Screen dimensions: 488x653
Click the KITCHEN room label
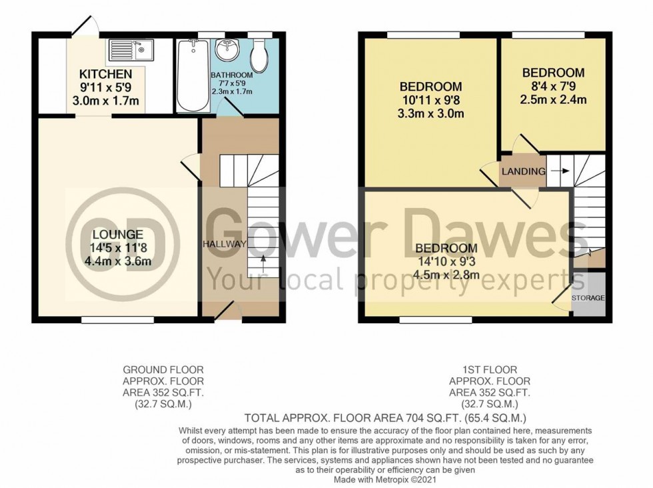click(106, 74)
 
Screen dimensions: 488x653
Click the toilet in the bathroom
click(260, 55)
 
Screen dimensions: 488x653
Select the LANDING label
click(523, 171)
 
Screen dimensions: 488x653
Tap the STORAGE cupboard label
click(588, 297)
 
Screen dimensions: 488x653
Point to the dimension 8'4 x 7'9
click(553, 87)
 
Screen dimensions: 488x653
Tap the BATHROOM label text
click(232, 75)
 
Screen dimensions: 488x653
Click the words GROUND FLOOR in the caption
click(163, 369)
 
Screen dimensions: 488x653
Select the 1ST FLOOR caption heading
click(489, 369)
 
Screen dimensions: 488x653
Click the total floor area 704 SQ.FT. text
click(386, 419)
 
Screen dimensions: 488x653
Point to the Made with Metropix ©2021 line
click(385, 479)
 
